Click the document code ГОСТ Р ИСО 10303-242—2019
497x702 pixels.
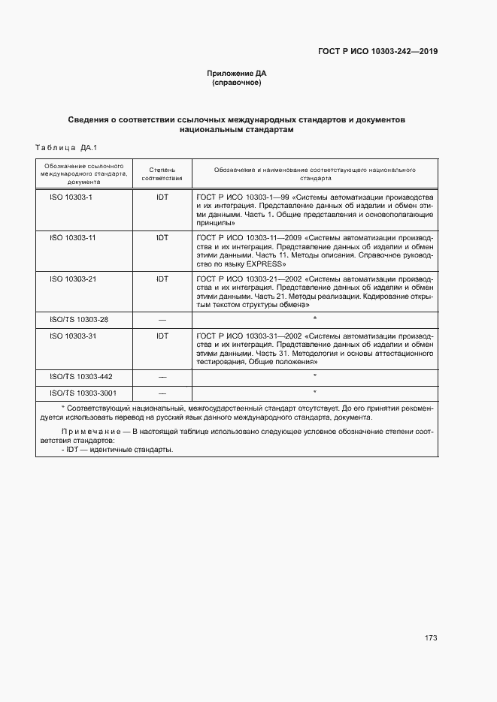[x=378, y=52]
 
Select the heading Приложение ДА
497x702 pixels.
[x=237, y=74]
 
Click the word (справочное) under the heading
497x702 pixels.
[x=237, y=83]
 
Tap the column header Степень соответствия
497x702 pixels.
[x=162, y=175]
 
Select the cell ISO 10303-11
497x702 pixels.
[x=72, y=237]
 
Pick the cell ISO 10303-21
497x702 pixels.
[x=72, y=279]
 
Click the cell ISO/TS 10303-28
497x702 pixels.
[x=79, y=320]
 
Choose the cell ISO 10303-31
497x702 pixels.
[x=72, y=336]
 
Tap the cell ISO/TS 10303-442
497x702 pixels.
[x=80, y=376]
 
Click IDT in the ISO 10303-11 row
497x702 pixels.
[x=162, y=237]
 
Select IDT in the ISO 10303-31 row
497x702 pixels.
[x=162, y=336]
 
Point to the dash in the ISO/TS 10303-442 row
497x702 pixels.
[x=162, y=376]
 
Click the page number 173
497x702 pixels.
[x=430, y=638]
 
